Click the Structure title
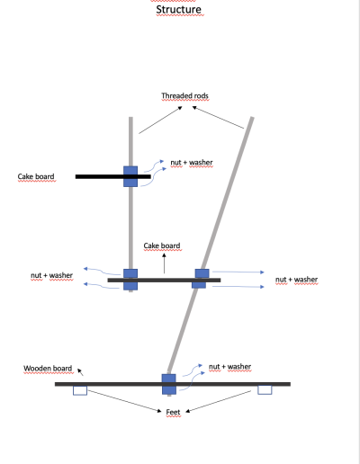coord(179,10)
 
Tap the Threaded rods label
coord(184,96)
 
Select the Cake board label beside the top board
coord(36,176)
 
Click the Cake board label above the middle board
coord(162,245)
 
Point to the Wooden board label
coord(48,369)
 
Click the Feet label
coord(173,412)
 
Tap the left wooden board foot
coord(80,390)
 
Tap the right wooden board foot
coord(265,390)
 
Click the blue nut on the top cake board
coord(130,176)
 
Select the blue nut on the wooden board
coord(169,384)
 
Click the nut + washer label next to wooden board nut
coord(230,367)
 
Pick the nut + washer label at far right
coord(297,280)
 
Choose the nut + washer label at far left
coord(52,275)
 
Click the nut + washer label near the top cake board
coord(192,163)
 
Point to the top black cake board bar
coord(113,176)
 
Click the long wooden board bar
coord(173,384)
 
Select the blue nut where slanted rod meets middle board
coord(201,279)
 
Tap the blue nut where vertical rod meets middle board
coord(130,280)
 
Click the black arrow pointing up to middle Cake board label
coord(164,263)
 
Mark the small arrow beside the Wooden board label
coord(80,372)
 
